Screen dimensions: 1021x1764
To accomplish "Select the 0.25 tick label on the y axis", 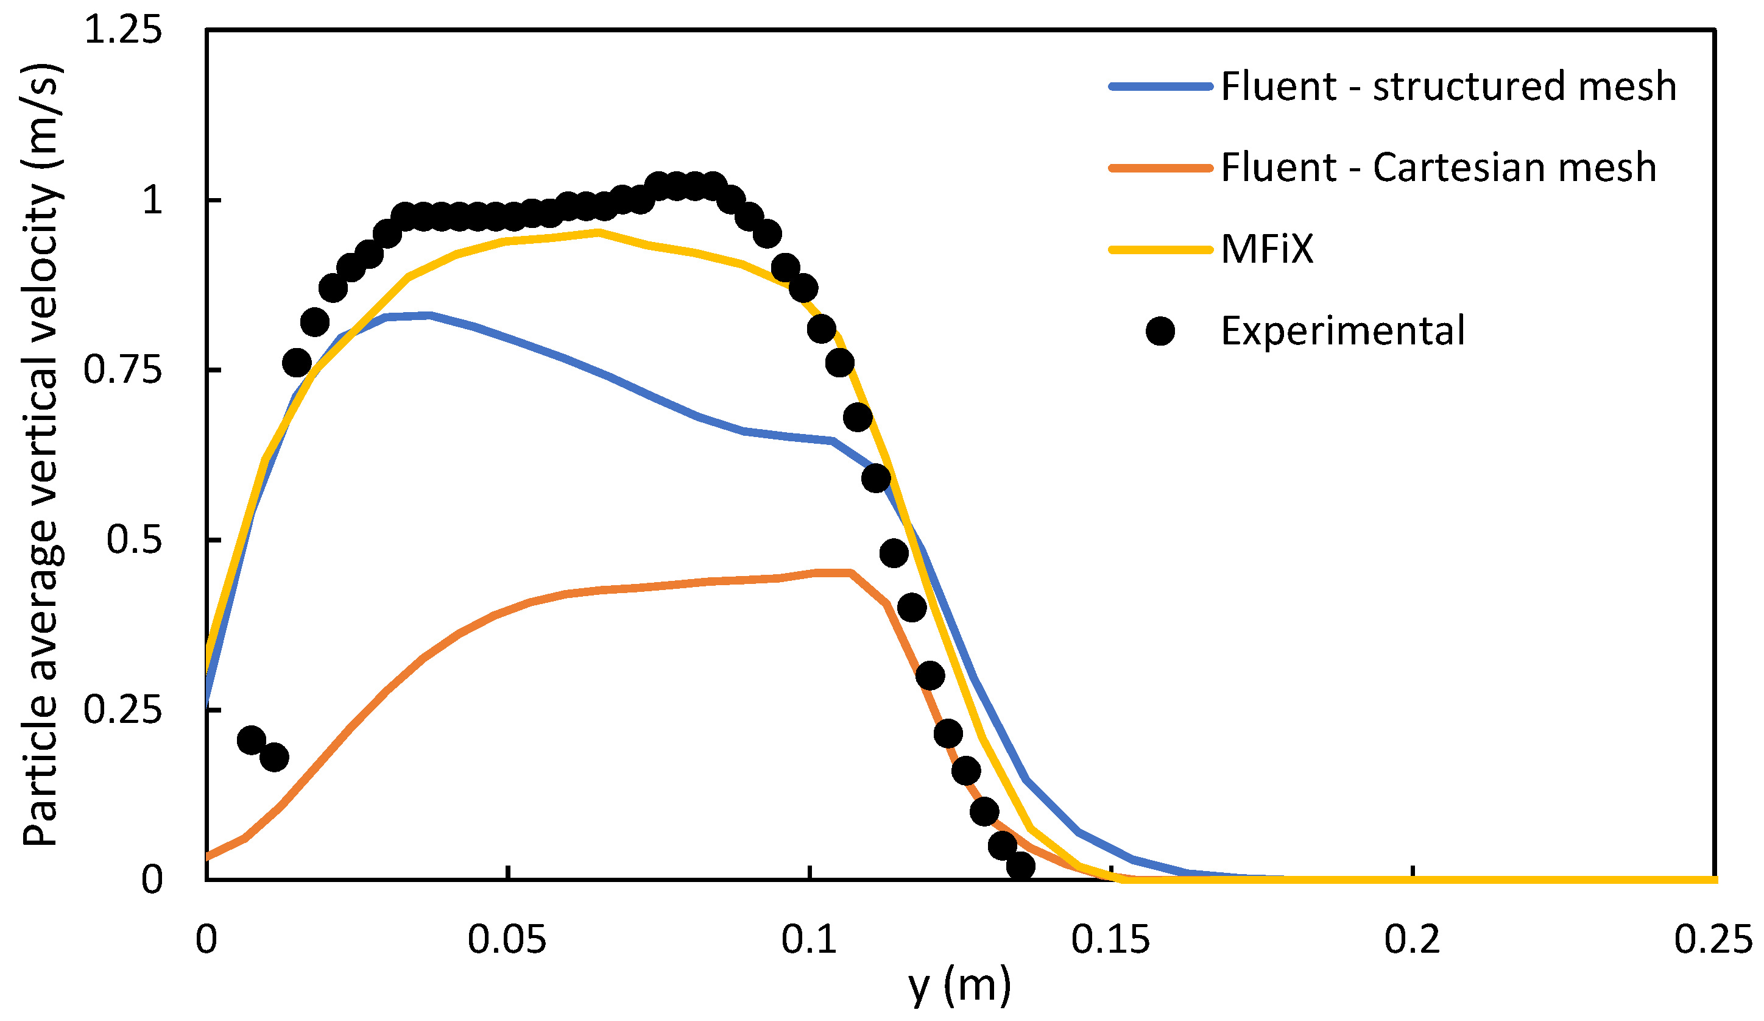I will tap(122, 710).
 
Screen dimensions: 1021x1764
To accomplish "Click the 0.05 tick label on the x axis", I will tap(507, 940).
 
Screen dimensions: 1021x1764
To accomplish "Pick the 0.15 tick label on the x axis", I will tap(1110, 940).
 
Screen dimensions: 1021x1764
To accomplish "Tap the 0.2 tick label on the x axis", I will tap(1412, 940).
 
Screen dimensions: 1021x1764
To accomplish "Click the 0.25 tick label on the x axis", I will tap(1713, 940).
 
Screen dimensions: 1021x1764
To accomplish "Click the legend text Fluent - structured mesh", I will tap(1448, 86).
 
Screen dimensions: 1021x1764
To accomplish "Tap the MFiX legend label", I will tap(1266, 249).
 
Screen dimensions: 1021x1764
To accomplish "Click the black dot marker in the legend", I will tap(1160, 330).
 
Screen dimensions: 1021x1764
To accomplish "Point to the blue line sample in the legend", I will tap(1160, 86).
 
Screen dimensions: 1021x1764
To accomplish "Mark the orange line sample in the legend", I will tap(1160, 168).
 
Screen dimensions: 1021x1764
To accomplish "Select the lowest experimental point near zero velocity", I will tap(1021, 866).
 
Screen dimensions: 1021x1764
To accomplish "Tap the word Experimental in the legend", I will tap(1342, 330).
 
